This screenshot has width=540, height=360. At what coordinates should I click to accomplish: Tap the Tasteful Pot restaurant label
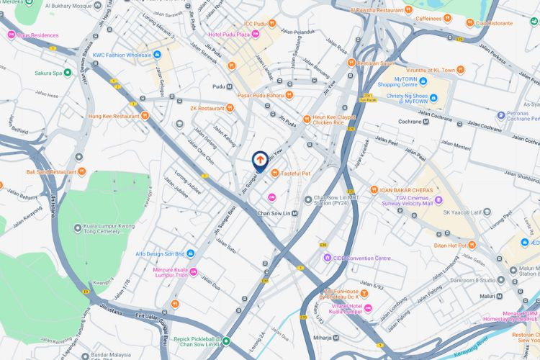pos(295,173)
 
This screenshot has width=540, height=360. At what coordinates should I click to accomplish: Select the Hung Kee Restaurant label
pos(113,115)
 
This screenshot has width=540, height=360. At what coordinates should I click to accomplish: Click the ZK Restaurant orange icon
pos(230,108)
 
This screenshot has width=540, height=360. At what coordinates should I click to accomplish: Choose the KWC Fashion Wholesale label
pos(121,55)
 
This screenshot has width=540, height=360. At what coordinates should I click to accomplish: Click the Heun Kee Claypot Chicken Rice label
pos(335,120)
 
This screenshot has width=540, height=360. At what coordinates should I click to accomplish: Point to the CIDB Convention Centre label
pos(361,258)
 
